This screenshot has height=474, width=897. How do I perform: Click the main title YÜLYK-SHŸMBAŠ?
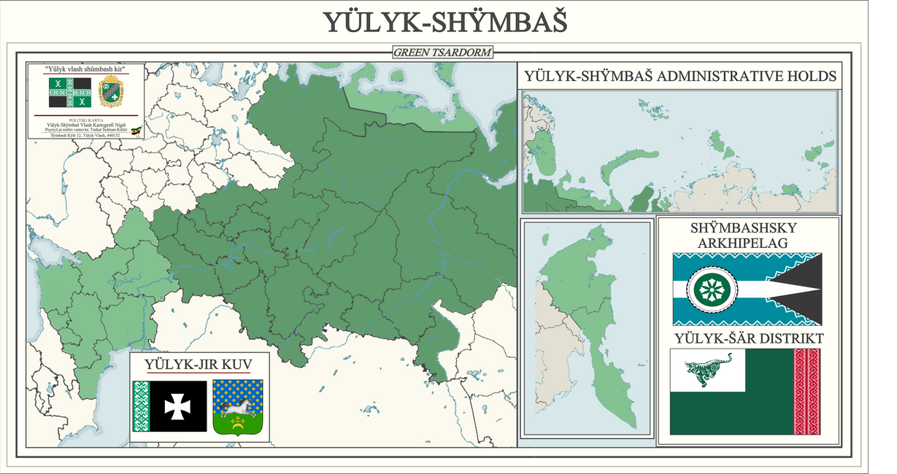(445, 22)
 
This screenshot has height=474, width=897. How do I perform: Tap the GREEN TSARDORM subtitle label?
(442, 53)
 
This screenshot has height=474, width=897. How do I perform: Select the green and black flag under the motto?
(70, 93)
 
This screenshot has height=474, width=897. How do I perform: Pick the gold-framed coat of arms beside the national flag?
(111, 93)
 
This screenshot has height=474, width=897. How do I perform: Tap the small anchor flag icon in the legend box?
(136, 131)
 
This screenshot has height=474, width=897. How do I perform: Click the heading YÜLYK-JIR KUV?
(199, 363)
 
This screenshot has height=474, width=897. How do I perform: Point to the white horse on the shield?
(239, 405)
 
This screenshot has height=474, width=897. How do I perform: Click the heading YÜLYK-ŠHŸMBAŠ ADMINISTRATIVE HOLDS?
(680, 76)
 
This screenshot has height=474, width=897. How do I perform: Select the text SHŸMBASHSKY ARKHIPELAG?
(747, 234)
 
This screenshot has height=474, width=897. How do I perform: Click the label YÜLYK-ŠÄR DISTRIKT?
(749, 338)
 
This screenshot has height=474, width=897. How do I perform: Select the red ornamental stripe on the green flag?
(806, 392)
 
